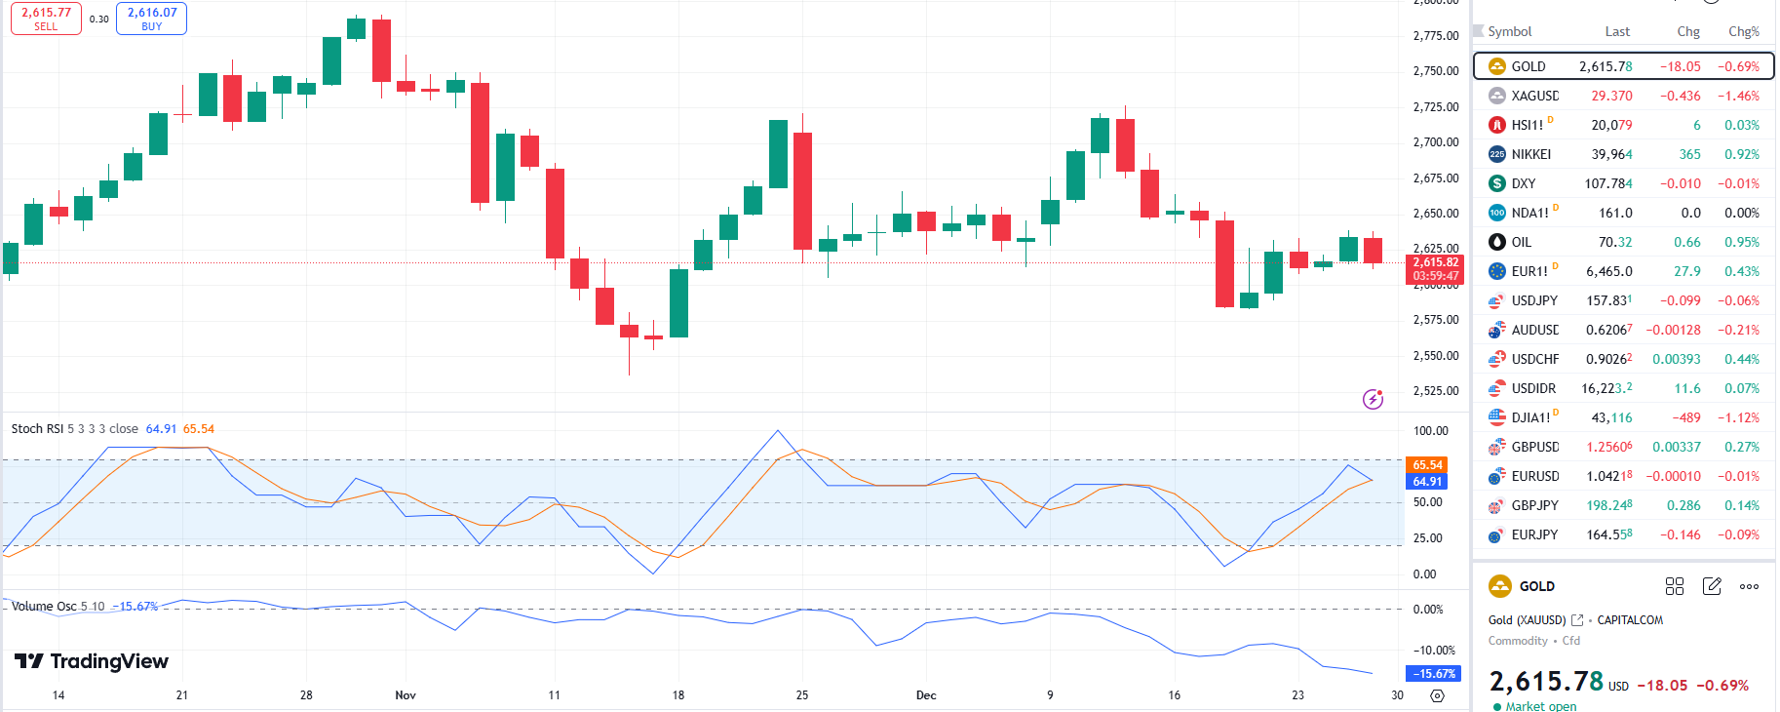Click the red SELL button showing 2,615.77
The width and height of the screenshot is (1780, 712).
coord(46,19)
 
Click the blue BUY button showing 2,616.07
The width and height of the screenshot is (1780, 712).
coord(151,19)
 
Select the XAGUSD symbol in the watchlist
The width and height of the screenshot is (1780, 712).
coord(1534,96)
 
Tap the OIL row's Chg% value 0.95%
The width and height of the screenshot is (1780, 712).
coord(1741,242)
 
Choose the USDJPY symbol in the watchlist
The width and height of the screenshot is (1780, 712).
coord(1534,300)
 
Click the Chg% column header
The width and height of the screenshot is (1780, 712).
coord(1743,31)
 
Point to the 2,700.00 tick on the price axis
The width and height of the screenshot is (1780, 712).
coord(1436,142)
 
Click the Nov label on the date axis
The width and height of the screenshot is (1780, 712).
coord(406,695)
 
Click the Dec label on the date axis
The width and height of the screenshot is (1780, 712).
coord(926,695)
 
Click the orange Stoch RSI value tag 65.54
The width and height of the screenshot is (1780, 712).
coord(1427,465)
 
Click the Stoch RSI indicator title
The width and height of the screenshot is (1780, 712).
coord(38,429)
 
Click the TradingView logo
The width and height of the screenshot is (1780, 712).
coord(92,661)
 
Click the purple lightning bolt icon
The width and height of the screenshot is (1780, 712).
coord(1373,399)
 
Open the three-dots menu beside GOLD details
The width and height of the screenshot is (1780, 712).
coord(1749,586)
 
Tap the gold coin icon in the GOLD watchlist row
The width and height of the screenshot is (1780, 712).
coord(1497,66)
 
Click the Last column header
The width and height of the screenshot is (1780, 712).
coord(1617,31)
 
